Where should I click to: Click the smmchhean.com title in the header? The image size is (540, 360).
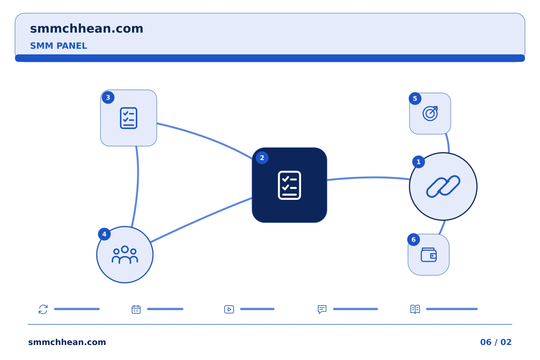pos(87,29)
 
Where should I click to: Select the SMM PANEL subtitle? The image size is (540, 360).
pos(58,46)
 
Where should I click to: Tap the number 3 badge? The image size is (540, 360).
pos(108,97)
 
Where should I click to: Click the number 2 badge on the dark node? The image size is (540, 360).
pos(262,158)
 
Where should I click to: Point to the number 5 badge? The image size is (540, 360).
pos(415,98)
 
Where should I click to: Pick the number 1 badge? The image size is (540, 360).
pos(418,162)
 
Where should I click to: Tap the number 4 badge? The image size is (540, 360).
pos(104,234)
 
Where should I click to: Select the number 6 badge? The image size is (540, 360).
pos(413,239)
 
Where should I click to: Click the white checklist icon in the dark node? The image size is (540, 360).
pos(289,185)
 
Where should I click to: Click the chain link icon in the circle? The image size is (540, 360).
pos(443,186)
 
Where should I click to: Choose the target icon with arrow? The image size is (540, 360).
pos(430,113)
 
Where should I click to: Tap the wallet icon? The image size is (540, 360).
pos(429,255)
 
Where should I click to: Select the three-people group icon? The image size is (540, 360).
pos(125,255)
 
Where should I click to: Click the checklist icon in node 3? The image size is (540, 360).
pos(129,118)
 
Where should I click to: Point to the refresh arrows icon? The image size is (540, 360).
pos(43,309)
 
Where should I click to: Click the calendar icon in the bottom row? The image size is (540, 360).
pos(136,309)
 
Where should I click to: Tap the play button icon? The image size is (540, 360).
pos(229,309)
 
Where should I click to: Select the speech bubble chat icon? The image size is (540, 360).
pos(322,309)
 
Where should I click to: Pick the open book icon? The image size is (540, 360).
pos(415,309)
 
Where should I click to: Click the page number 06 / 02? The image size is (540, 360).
pos(496,342)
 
